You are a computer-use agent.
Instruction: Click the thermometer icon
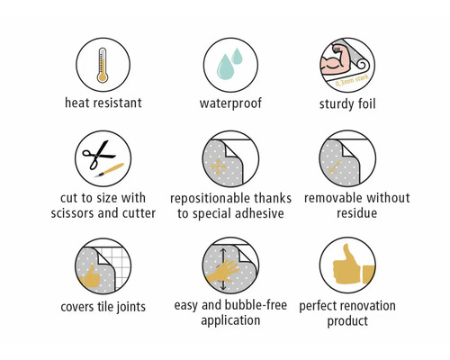(103, 65)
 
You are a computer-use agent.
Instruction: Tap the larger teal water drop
(225, 67)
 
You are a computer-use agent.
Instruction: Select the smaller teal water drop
(238, 56)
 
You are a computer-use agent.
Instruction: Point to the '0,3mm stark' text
(352, 81)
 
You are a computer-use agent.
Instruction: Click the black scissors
(98, 155)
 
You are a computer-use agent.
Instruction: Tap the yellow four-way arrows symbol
(218, 167)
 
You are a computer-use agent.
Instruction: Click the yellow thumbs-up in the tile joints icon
(89, 277)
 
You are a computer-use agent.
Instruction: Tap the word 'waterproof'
(230, 103)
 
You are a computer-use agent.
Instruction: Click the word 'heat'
(77, 103)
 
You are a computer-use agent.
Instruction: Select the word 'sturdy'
(337, 104)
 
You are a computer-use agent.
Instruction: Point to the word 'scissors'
(72, 213)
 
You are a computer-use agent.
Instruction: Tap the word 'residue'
(356, 213)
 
